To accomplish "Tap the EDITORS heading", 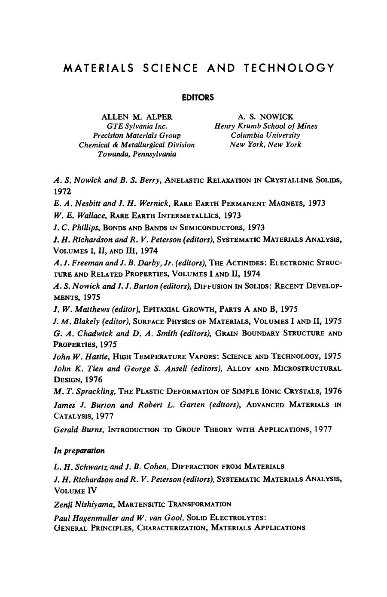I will [x=198, y=98].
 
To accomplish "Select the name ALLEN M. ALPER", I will [x=137, y=117].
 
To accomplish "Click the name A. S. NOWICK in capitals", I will [x=265, y=117].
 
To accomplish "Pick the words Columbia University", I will [x=265, y=135].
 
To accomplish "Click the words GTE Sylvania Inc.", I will [x=137, y=126].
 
